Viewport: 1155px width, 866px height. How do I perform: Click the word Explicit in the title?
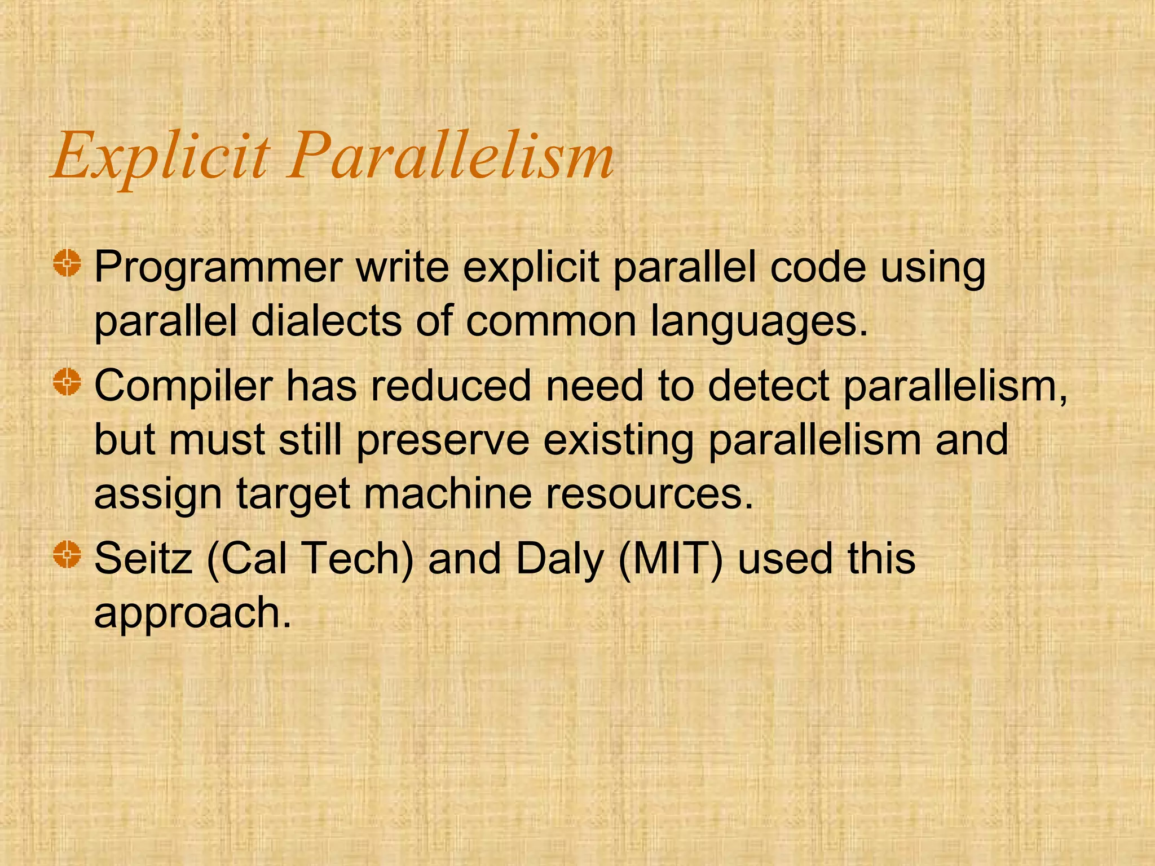(160, 155)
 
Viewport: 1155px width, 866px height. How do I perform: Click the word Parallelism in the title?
(450, 155)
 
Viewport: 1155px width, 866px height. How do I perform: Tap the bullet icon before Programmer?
(68, 263)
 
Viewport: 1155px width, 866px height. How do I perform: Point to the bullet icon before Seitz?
(68, 554)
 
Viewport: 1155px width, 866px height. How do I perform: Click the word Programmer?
(218, 268)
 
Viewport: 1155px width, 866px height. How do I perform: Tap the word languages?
(759, 322)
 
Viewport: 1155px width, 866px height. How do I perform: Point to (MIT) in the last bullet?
(670, 559)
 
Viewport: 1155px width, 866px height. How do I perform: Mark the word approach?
(192, 613)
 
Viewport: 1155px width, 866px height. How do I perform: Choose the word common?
(550, 321)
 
